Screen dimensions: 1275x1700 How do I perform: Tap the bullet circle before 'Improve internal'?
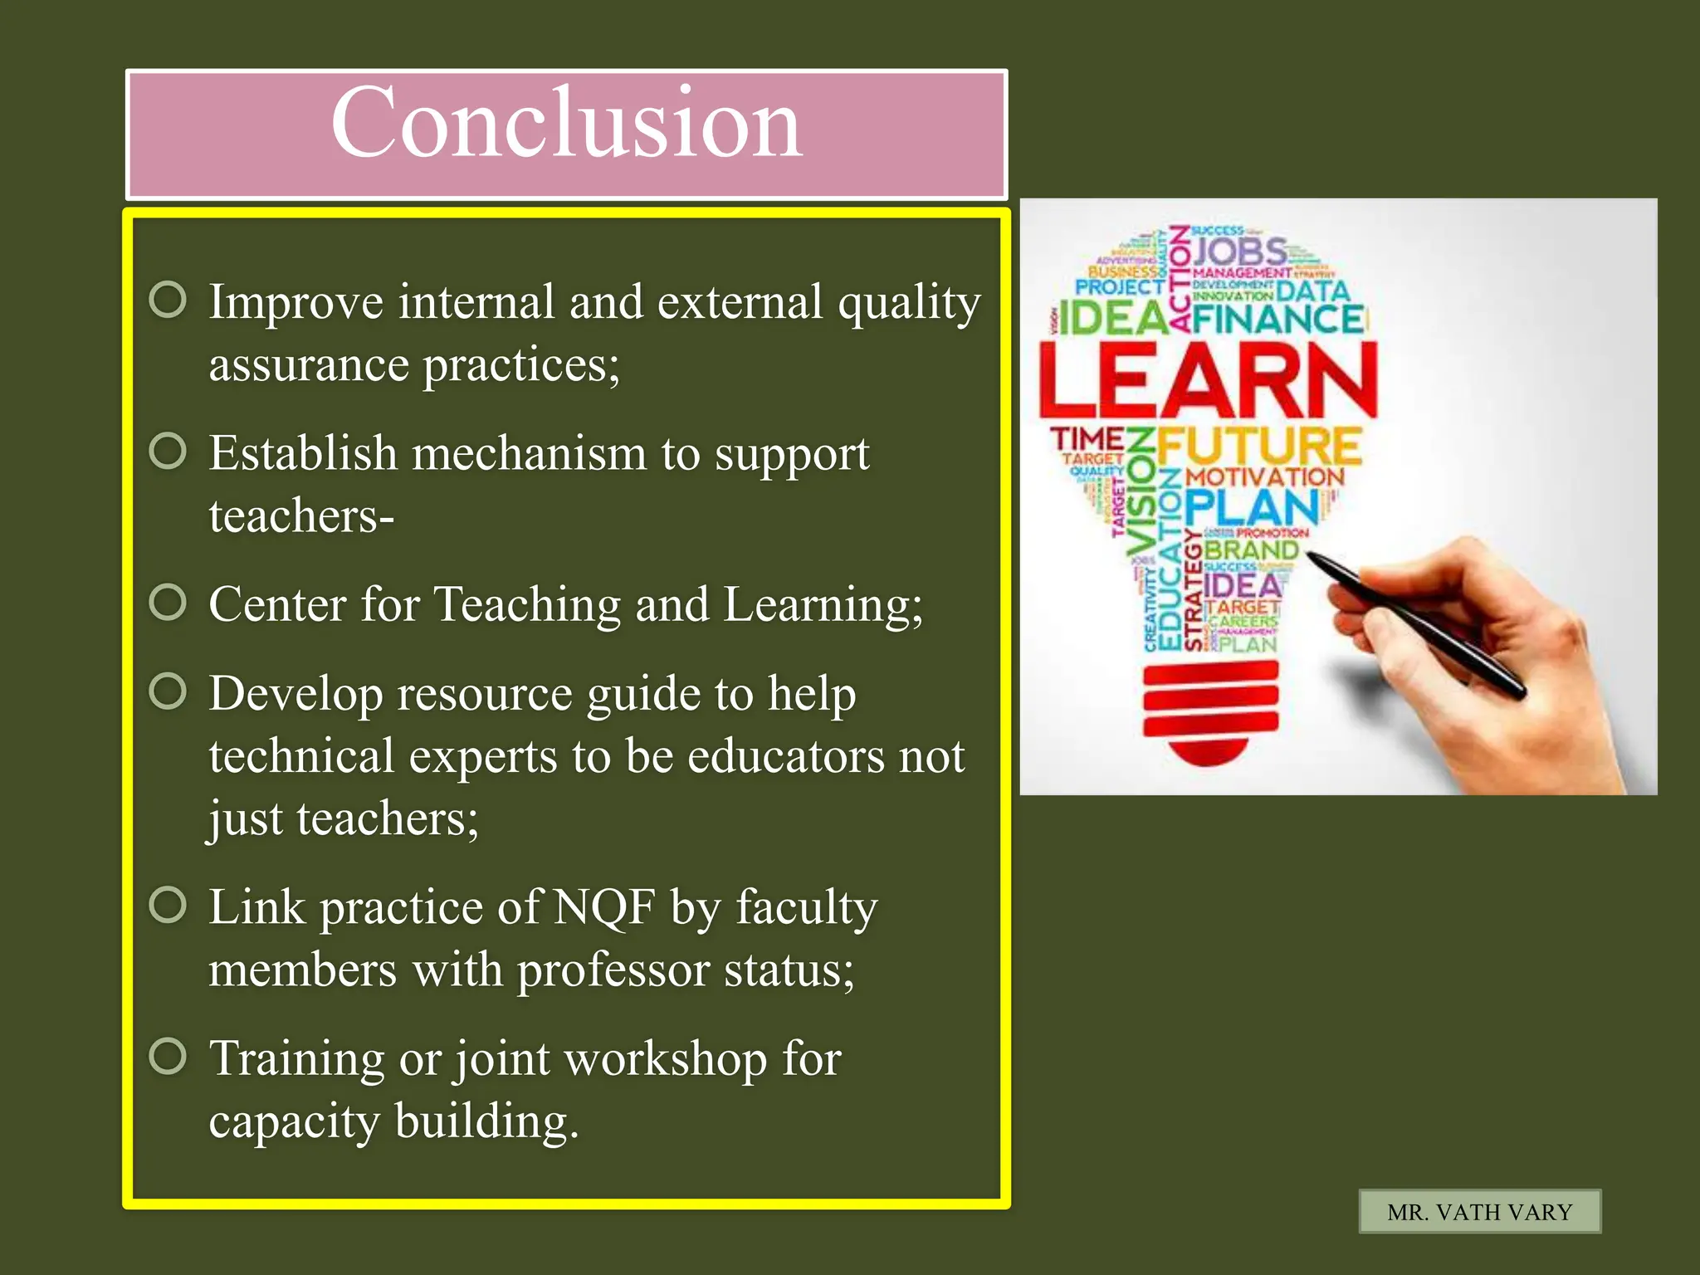[x=168, y=300]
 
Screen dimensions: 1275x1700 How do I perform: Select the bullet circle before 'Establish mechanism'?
[x=168, y=452]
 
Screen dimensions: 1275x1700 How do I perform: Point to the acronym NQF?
[x=604, y=907]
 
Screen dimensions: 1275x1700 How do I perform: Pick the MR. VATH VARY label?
[x=1479, y=1212]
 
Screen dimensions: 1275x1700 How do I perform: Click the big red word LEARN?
[x=1208, y=381]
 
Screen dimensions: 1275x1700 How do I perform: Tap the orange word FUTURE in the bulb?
[x=1258, y=447]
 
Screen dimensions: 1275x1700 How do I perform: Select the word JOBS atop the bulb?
[x=1240, y=251]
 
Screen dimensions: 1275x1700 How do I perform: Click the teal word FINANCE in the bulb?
[x=1278, y=320]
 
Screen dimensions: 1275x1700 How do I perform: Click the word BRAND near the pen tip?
[x=1250, y=550]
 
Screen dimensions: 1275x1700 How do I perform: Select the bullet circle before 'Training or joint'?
[x=168, y=1057]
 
